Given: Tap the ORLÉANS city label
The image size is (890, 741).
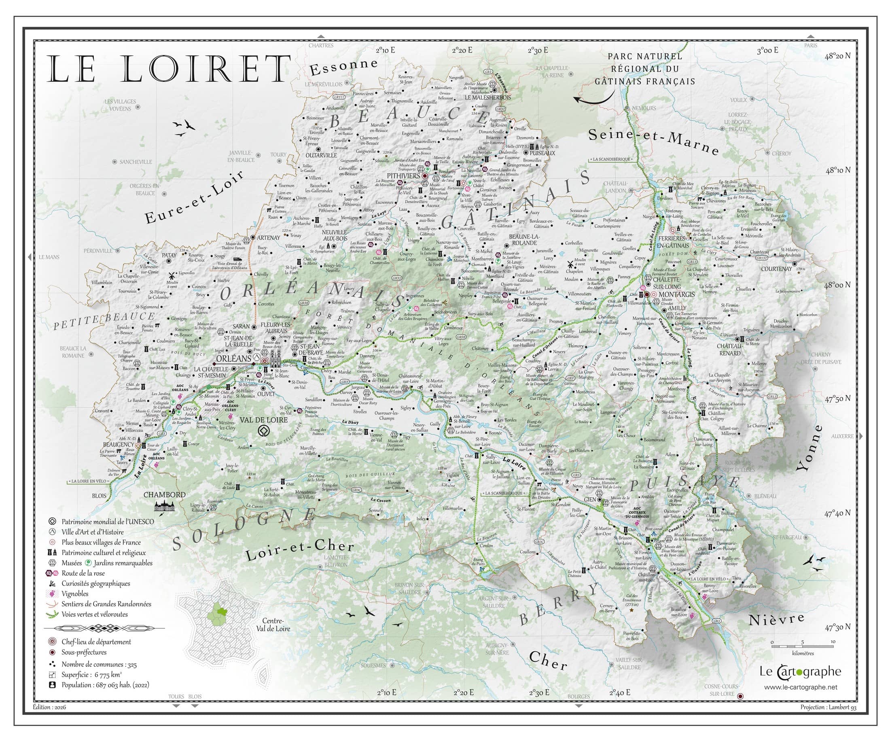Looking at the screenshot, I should tap(233, 358).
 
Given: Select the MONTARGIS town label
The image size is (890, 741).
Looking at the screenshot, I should tap(677, 294).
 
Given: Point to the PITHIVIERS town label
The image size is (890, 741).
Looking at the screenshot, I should tap(403, 175).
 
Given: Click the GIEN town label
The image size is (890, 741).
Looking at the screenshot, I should tap(590, 500).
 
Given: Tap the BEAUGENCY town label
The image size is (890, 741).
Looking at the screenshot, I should tap(118, 445).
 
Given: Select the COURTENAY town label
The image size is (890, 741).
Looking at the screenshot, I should tap(776, 269).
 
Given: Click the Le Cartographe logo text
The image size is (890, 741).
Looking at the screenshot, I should tap(800, 671).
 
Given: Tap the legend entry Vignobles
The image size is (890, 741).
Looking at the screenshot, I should tap(75, 593).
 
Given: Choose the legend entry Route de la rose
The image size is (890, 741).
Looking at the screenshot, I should tap(83, 573).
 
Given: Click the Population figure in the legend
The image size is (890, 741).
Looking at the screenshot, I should tap(105, 685).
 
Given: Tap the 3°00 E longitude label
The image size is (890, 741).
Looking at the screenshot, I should tap(767, 51).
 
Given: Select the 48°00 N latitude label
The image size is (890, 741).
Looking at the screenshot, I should tap(837, 285).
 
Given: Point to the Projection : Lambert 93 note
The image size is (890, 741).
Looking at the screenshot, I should tap(828, 707).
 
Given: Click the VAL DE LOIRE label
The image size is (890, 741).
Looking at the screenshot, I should tap(264, 420).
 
